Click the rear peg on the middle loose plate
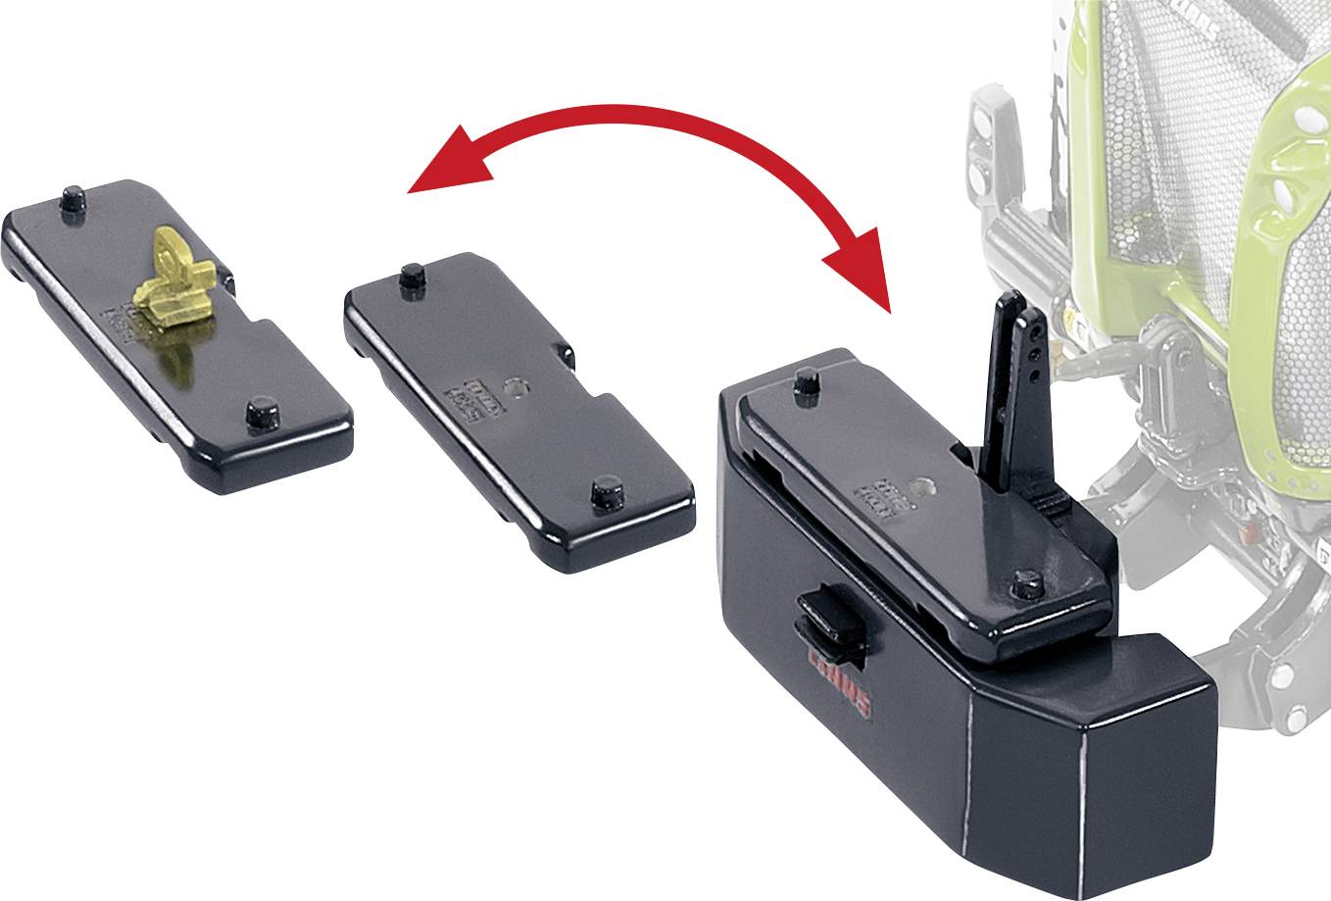pyautogui.click(x=412, y=278)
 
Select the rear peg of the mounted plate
pyautogui.click(x=807, y=381)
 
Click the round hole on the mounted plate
pyautogui.click(x=921, y=484)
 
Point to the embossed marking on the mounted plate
pyautogui.click(x=872, y=496)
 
